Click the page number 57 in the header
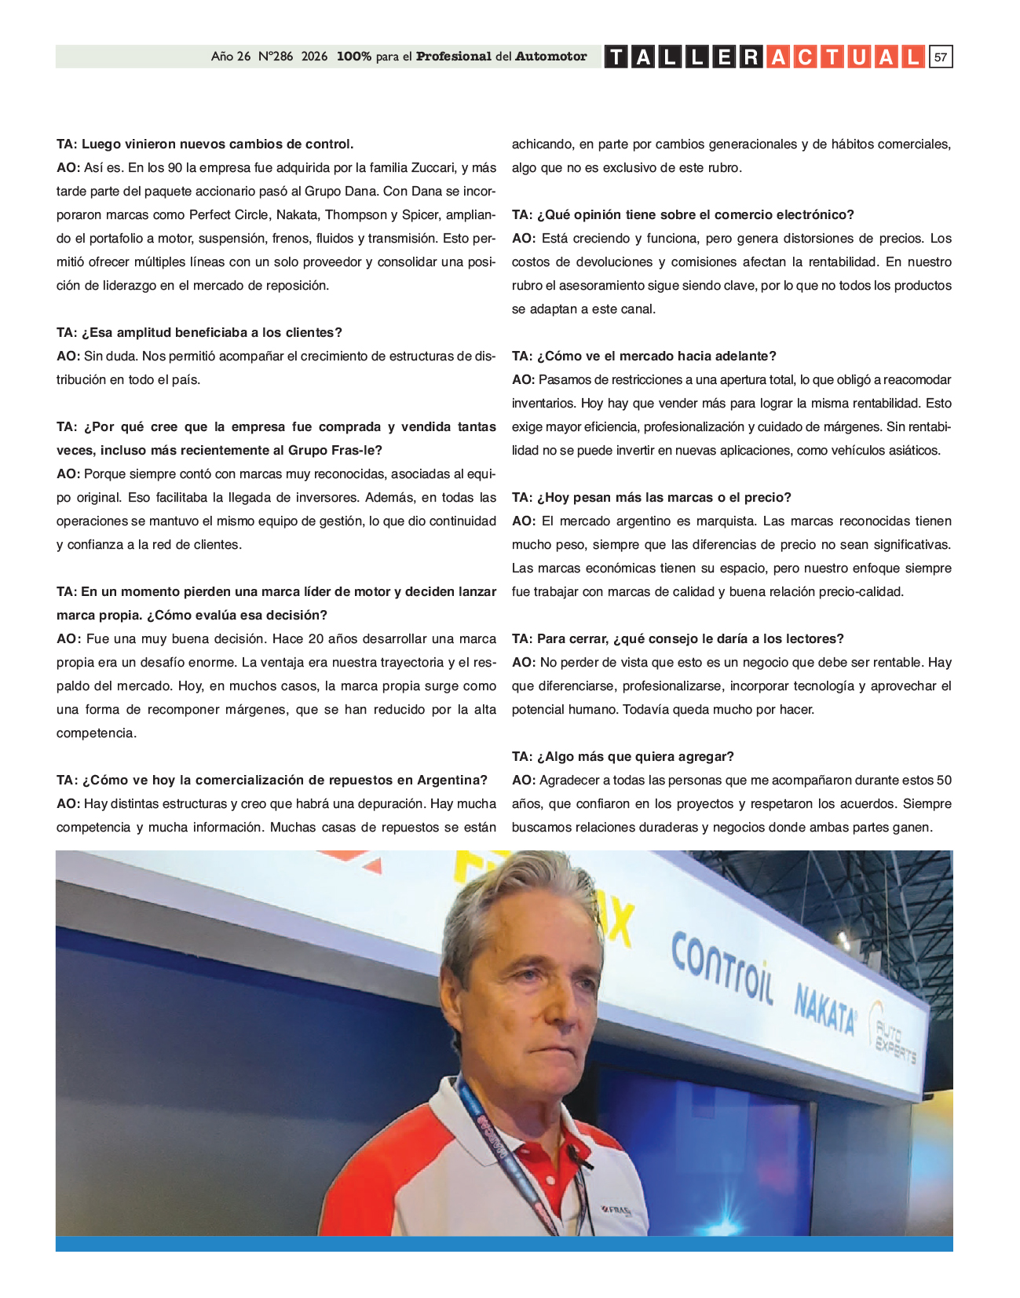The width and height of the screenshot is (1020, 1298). (940, 57)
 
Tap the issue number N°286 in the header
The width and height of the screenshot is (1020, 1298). (275, 57)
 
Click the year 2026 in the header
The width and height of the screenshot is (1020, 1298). (314, 57)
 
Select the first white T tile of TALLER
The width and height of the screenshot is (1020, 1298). (616, 57)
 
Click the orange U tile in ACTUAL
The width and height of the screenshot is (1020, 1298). (859, 57)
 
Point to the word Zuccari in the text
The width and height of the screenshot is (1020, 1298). (433, 167)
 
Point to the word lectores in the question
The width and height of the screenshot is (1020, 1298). (813, 638)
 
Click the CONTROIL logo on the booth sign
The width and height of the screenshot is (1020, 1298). (722, 966)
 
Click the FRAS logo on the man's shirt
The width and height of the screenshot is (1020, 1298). (617, 1210)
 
